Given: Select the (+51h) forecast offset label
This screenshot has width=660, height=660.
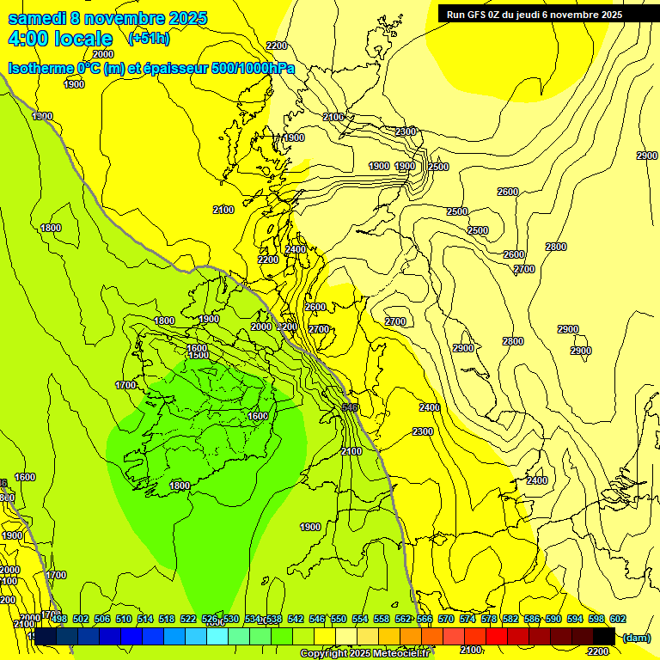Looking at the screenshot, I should pos(149,39).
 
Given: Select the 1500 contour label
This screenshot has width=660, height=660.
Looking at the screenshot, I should pos(199,355).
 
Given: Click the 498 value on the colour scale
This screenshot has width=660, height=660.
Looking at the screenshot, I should pos(59,620).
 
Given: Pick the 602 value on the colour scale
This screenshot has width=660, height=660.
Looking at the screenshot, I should pos(617,620).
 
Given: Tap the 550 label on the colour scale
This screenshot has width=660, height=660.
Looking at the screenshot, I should pos(338,620).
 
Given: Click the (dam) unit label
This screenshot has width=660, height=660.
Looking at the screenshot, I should pos(637,637).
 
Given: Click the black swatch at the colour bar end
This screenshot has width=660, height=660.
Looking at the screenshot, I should pos(604,636).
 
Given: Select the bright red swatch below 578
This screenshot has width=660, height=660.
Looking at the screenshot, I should pos(497,636).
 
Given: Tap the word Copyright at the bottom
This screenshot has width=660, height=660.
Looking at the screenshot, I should pos(324,654).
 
